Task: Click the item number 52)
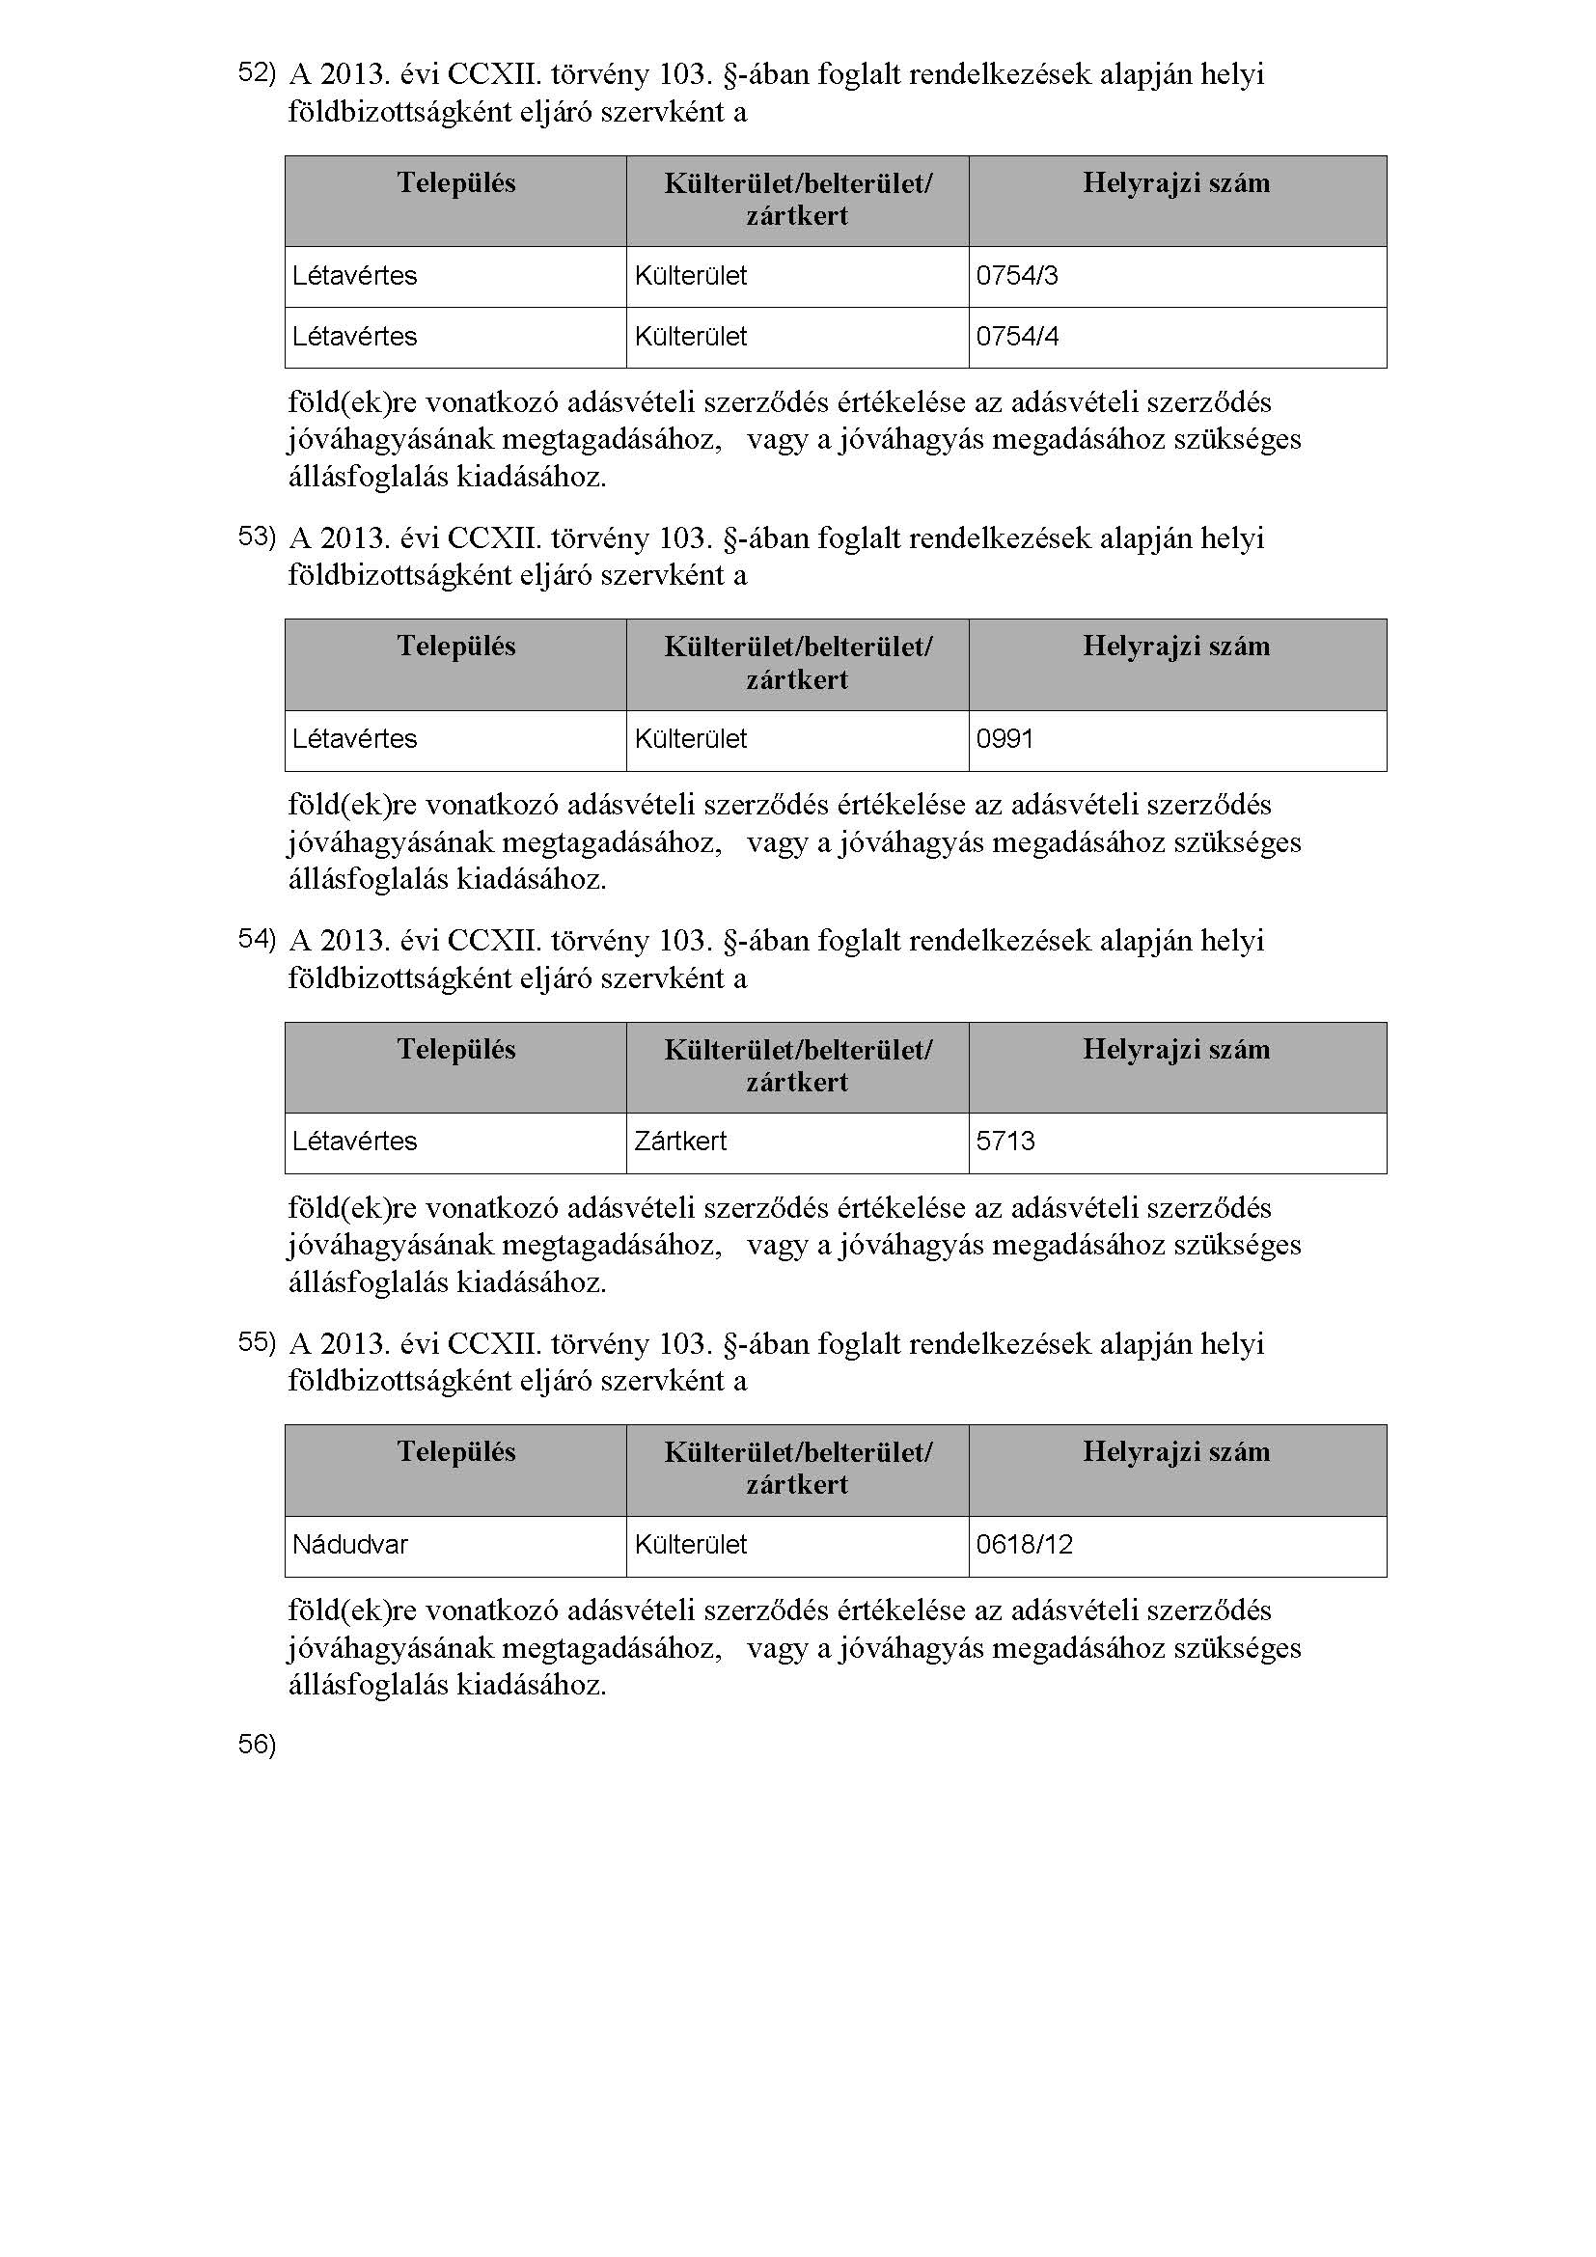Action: pyautogui.click(x=257, y=72)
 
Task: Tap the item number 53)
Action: pyautogui.click(x=257, y=536)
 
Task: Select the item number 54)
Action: pyautogui.click(x=257, y=939)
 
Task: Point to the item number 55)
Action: pyautogui.click(x=257, y=1342)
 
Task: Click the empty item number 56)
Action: pyautogui.click(x=257, y=1745)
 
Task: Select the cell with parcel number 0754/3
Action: pyautogui.click(x=1017, y=276)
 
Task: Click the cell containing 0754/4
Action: pyautogui.click(x=1017, y=337)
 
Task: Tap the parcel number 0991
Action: pyautogui.click(x=1004, y=739)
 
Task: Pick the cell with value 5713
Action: pyautogui.click(x=1005, y=1142)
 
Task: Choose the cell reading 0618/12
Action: pyautogui.click(x=1024, y=1545)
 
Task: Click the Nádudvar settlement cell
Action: pyautogui.click(x=350, y=1545)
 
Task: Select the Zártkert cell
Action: pyautogui.click(x=680, y=1142)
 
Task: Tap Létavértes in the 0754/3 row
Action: pyautogui.click(x=355, y=276)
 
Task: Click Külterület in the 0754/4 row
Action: pyautogui.click(x=691, y=337)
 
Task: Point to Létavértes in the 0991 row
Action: pyautogui.click(x=355, y=739)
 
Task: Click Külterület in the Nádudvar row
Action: pyautogui.click(x=691, y=1545)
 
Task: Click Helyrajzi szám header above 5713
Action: pyautogui.click(x=1176, y=1050)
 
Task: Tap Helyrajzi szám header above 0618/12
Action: pyautogui.click(x=1176, y=1453)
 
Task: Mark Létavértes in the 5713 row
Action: pyautogui.click(x=355, y=1142)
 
